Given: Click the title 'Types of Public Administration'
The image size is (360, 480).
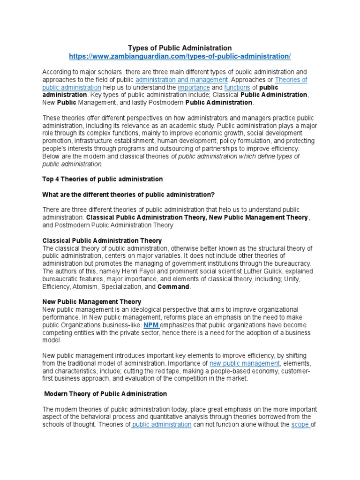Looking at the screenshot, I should pyautogui.click(x=180, y=48).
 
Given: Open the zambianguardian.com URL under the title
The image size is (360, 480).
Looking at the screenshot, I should pyautogui.click(x=180, y=56).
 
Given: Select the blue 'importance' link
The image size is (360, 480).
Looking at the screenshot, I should pyautogui.click(x=194, y=87).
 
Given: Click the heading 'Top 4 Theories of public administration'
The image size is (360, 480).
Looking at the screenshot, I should pyautogui.click(x=103, y=179).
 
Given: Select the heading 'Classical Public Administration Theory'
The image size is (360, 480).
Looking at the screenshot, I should pyautogui.click(x=102, y=240).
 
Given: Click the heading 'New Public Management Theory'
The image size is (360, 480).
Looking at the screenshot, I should pyautogui.click(x=92, y=302).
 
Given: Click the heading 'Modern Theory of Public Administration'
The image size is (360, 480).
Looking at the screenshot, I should pyautogui.click(x=105, y=394).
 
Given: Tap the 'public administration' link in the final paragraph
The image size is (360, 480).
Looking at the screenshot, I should pyautogui.click(x=162, y=424).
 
